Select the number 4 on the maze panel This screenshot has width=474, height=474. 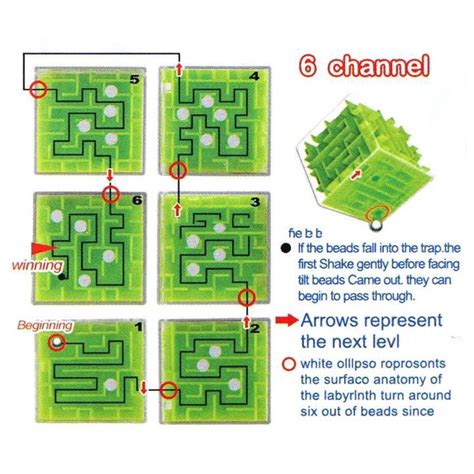[x=256, y=76]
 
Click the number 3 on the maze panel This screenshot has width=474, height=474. [x=257, y=202]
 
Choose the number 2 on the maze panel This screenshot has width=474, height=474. [x=256, y=327]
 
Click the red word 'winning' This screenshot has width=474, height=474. [x=36, y=265]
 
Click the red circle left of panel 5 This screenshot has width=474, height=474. [x=39, y=88]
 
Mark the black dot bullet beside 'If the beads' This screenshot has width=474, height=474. [x=287, y=246]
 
